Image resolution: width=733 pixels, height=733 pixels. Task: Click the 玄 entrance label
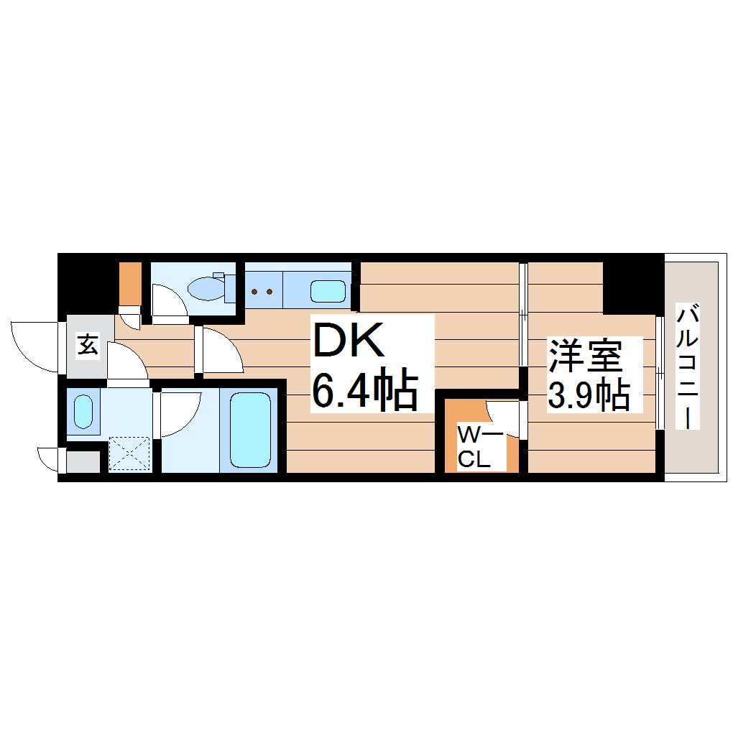point(87,346)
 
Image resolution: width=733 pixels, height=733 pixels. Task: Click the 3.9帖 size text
point(589,393)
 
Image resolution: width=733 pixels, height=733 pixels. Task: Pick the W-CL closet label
point(475,447)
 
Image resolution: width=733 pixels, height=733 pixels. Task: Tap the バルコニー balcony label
point(689,366)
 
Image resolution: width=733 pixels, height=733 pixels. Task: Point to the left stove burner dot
point(254,292)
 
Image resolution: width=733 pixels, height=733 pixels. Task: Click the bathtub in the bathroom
point(249,430)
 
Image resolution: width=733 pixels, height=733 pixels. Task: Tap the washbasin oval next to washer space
point(83,411)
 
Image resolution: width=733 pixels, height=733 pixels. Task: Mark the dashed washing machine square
point(129,454)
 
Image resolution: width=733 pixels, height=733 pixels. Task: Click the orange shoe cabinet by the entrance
point(130,284)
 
